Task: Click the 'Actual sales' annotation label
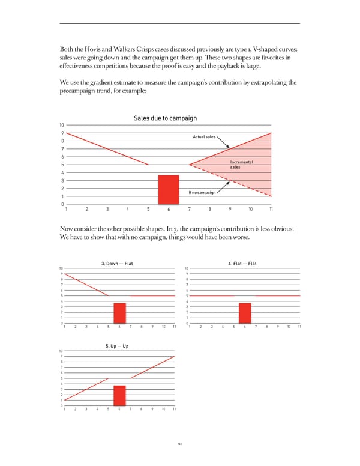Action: (204, 137)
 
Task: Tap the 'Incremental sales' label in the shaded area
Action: (241, 165)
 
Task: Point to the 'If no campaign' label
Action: (202, 192)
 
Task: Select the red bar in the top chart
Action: (169, 190)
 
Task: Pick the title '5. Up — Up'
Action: (118, 346)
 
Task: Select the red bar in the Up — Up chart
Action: (119, 396)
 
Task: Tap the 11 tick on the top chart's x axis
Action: (271, 209)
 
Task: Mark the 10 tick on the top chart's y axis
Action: (63, 125)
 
